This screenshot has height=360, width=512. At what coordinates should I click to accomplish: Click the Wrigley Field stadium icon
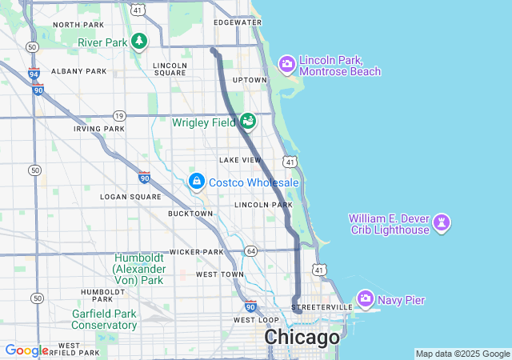[248, 121]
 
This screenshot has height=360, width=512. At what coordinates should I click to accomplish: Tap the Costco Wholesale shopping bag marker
[196, 182]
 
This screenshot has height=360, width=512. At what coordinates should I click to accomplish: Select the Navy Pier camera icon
[366, 299]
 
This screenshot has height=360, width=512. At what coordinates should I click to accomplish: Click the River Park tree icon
[139, 41]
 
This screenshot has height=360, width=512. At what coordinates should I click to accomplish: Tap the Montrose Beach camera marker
[286, 64]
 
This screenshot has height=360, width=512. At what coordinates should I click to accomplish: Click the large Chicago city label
[302, 338]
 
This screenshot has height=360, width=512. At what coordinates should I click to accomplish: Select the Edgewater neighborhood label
[238, 22]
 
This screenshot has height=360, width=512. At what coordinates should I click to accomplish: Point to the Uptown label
[249, 80]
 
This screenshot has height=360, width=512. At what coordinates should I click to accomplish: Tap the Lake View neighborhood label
[240, 160]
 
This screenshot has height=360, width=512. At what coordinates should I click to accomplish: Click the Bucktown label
[190, 214]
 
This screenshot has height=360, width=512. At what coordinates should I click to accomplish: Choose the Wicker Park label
[196, 252]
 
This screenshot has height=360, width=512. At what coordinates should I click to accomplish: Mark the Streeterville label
[322, 307]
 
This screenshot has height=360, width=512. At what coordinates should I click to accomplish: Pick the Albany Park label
[78, 71]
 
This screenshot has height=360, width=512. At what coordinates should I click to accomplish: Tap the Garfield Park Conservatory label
[104, 319]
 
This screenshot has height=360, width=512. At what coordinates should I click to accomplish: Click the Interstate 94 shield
[34, 74]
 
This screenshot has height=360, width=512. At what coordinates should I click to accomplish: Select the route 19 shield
[118, 115]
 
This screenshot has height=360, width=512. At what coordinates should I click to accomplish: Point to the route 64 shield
[250, 251]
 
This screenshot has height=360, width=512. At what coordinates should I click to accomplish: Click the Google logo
[26, 350]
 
